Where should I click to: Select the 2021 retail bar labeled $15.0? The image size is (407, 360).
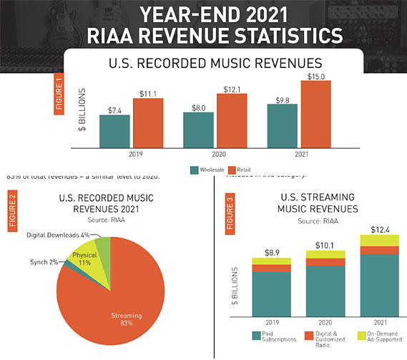coord(316,115)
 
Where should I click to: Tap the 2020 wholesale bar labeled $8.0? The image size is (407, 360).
coord(198,130)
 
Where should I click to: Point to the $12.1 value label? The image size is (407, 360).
coord(232,87)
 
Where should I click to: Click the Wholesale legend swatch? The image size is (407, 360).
coord(194,170)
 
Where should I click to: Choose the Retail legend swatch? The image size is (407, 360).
coord(241,170)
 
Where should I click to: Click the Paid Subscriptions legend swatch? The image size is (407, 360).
coord(255,334)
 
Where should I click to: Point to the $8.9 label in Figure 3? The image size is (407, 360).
coord(272,252)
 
